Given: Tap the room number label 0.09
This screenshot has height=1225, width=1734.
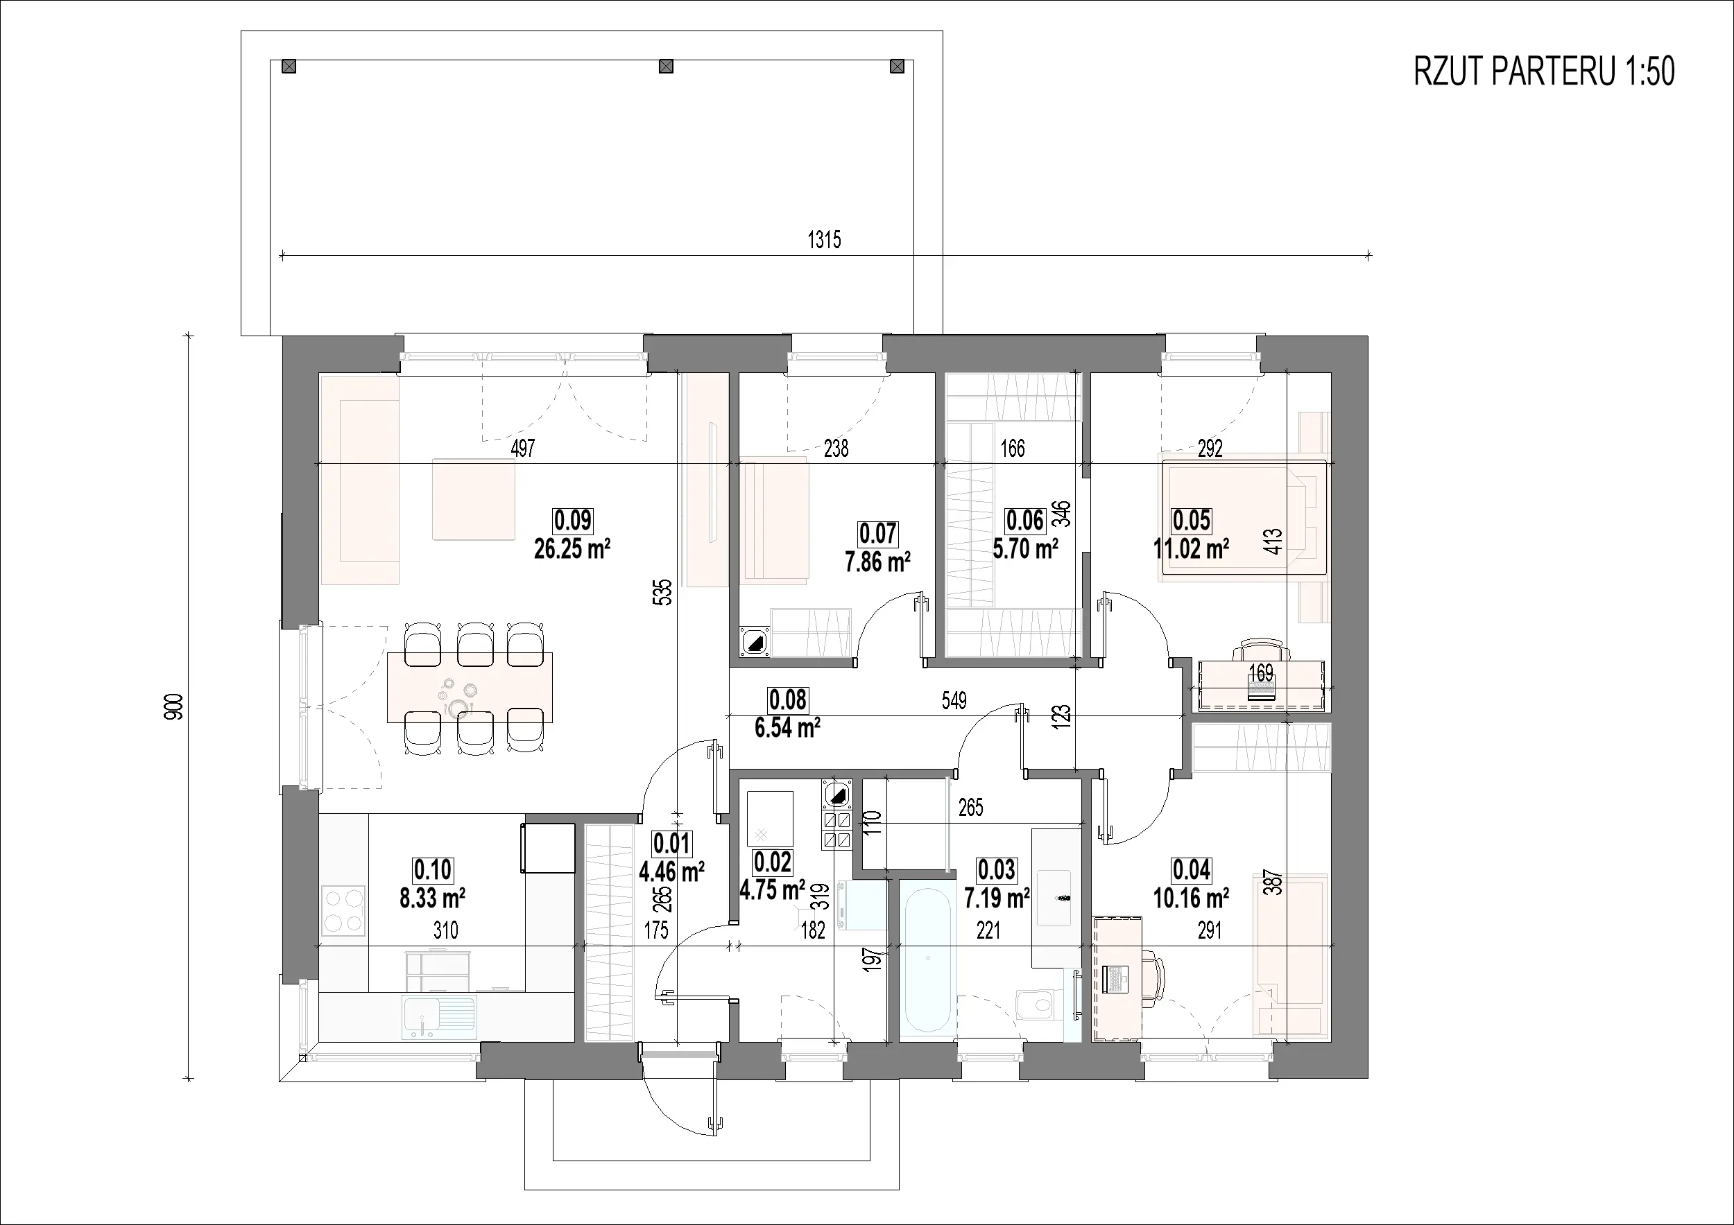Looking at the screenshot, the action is (x=573, y=521).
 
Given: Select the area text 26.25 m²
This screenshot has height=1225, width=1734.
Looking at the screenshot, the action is (x=572, y=550).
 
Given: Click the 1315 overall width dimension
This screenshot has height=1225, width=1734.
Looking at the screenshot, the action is (x=824, y=240).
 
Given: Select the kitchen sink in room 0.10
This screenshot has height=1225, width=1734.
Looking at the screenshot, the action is (x=439, y=1016).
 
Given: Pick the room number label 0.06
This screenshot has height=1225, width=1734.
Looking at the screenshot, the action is (x=1025, y=521).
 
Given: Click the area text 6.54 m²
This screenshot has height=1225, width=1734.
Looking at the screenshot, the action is (x=788, y=729).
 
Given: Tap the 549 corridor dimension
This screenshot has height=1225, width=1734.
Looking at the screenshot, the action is (x=954, y=700).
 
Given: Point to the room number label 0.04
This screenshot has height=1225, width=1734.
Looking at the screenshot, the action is (x=1191, y=870).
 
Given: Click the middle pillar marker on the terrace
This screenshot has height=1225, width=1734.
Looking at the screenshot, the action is (x=666, y=67).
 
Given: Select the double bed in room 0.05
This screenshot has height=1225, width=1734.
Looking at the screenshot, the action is (x=1244, y=517).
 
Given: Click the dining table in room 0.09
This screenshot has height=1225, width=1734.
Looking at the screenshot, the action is (x=470, y=687).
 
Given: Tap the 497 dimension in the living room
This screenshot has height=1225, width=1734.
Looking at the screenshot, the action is (x=522, y=449).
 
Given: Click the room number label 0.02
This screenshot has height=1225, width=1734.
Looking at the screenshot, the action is (x=773, y=862).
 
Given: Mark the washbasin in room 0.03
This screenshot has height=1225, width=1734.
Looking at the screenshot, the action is (x=1056, y=897).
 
